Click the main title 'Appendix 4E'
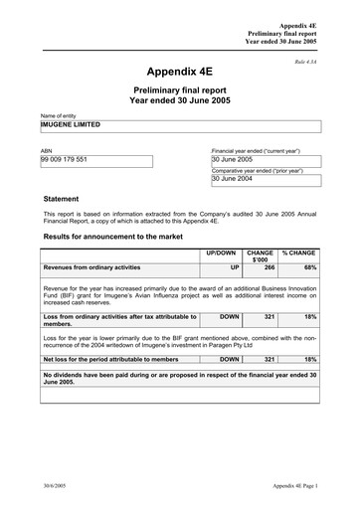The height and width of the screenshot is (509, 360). [x=179, y=73]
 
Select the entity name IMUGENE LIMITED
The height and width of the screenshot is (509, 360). [x=73, y=126]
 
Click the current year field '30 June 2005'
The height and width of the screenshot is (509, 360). [x=233, y=159]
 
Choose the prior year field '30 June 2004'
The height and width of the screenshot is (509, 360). [x=233, y=179]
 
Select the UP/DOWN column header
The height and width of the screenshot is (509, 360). [x=220, y=254]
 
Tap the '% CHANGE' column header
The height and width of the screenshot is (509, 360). [x=298, y=254]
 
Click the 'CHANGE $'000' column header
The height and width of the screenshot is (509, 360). [x=260, y=256]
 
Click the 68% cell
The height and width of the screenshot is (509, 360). [x=310, y=267]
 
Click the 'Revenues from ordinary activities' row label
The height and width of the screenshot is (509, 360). [x=91, y=267]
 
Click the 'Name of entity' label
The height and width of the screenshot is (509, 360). [x=58, y=116]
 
